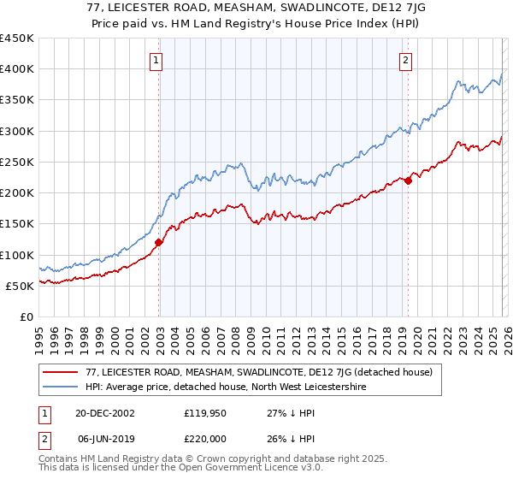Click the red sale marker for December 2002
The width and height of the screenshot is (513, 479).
point(158,242)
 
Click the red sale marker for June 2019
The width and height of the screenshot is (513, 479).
point(408,180)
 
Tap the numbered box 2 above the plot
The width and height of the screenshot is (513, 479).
point(404,60)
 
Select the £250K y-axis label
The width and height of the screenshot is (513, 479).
point(17,162)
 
